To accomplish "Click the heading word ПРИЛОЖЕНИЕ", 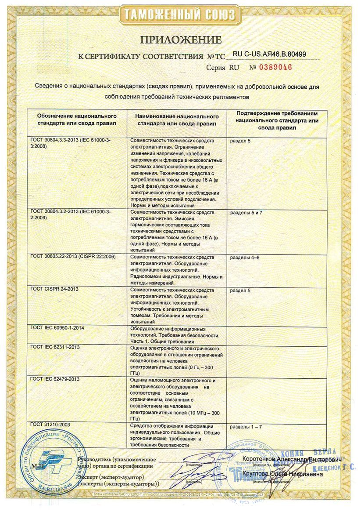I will point(180,40).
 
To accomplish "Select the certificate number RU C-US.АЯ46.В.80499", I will point(269,54).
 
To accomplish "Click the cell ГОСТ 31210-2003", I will point(50,425).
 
